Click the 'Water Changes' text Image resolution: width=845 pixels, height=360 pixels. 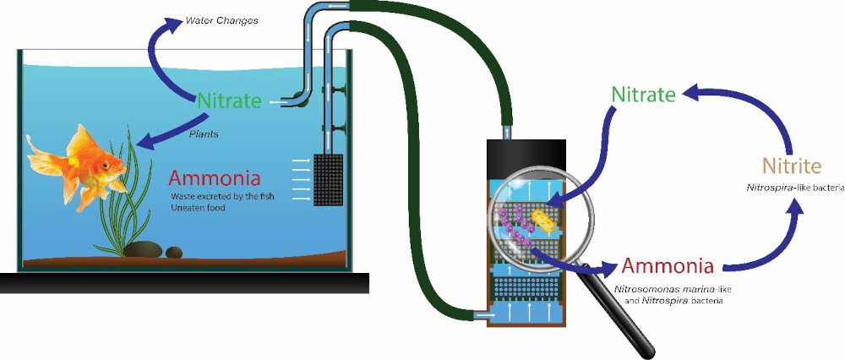click(x=211, y=18)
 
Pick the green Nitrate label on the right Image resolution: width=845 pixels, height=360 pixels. click(x=644, y=95)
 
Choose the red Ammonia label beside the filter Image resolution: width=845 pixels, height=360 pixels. click(x=668, y=267)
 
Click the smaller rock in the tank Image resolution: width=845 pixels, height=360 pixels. click(x=173, y=252)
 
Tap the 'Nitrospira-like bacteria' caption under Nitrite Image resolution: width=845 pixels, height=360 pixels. click(x=789, y=188)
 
